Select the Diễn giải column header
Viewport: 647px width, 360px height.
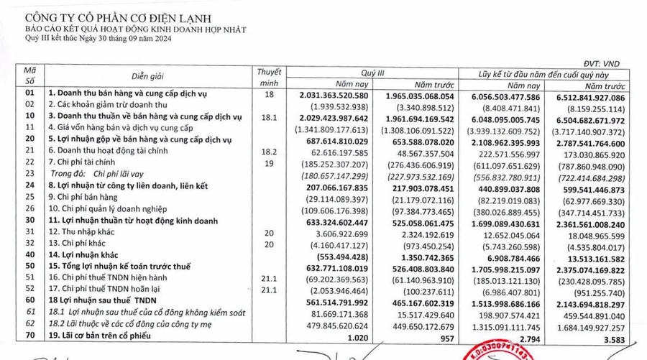(x=150, y=77)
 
